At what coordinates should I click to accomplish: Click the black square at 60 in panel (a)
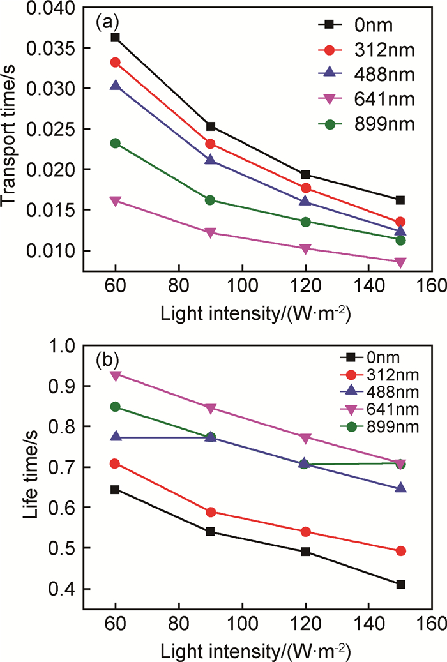pos(115,38)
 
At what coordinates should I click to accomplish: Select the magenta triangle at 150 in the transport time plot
pos(400,262)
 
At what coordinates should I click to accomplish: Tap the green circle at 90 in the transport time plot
pos(210,200)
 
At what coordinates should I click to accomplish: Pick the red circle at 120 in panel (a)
pos(305,188)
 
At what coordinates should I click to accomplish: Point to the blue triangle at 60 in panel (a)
pos(115,86)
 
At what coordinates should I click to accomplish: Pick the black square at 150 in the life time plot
pos(400,584)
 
